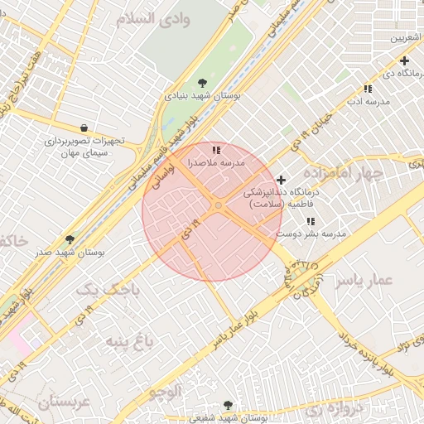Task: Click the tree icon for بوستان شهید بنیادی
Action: (x=203, y=82)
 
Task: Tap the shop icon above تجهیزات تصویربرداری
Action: (x=84, y=128)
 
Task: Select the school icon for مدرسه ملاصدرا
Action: (x=216, y=150)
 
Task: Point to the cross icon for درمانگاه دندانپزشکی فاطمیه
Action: (x=281, y=180)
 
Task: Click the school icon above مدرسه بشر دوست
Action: (x=310, y=221)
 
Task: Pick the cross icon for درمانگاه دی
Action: (x=404, y=60)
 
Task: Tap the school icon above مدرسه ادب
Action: (x=367, y=89)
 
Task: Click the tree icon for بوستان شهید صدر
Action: (x=70, y=238)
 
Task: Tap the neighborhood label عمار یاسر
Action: (x=363, y=281)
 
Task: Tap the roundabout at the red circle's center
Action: (x=218, y=205)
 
